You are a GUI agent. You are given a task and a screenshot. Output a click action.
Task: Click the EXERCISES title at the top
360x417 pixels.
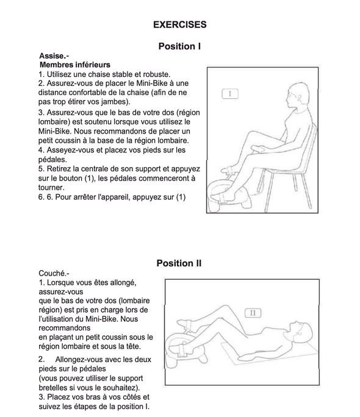click(x=180, y=24)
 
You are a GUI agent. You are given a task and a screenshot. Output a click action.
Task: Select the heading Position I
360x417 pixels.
click(x=179, y=46)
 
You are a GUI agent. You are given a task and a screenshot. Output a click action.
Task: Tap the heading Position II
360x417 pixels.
click(x=179, y=263)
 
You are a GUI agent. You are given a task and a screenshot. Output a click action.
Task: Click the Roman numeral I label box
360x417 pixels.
click(x=230, y=94)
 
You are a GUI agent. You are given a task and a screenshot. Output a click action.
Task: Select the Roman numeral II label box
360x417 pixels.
click(x=253, y=313)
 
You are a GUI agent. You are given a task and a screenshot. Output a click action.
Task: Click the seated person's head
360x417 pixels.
click(x=298, y=95)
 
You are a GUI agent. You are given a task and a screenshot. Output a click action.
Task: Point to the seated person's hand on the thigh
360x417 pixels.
click(x=257, y=149)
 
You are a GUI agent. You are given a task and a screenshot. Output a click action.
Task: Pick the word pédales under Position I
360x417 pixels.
click(x=52, y=160)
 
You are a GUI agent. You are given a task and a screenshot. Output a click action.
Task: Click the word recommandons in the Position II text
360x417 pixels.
click(x=65, y=328)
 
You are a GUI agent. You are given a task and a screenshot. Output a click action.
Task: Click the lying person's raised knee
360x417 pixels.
click(x=225, y=307)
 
